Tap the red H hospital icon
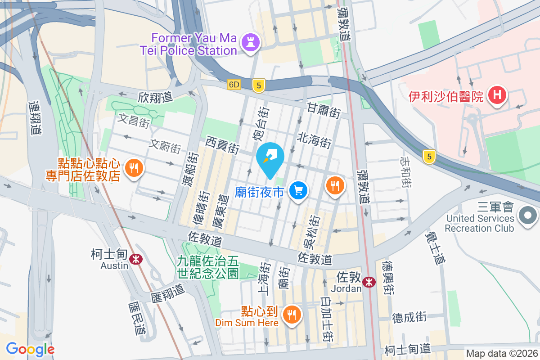click(x=497, y=96)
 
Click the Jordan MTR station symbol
click(x=369, y=282)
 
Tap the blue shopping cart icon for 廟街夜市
click(x=298, y=191)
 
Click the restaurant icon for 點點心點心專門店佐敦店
click(x=134, y=168)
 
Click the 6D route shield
click(x=234, y=84)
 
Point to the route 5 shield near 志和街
click(x=430, y=157)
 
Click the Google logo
click(x=30, y=349)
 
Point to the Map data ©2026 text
click(x=501, y=354)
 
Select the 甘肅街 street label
click(x=324, y=110)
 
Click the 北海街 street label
click(x=314, y=140)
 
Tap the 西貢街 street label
click(x=222, y=145)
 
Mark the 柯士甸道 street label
click(x=408, y=349)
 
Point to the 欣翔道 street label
click(x=156, y=97)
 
